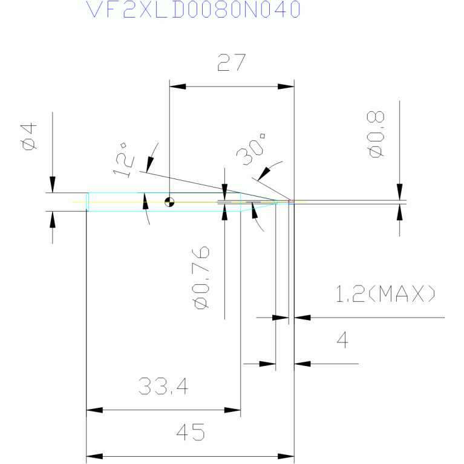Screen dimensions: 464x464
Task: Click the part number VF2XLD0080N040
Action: coord(193,9)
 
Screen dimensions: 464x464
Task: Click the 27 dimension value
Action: coord(232,62)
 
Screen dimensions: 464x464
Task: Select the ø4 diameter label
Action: coord(28,137)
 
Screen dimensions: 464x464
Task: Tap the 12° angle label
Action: coord(123,160)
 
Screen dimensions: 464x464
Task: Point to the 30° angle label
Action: coord(250,149)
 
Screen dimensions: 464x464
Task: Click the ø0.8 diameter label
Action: coord(376,134)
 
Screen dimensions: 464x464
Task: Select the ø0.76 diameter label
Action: coord(201,277)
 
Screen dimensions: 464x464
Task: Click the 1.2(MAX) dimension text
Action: coord(385,293)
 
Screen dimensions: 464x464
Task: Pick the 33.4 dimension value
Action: coord(163,386)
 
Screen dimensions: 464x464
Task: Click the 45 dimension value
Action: coord(191,432)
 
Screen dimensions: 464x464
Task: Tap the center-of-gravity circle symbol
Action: coord(169,202)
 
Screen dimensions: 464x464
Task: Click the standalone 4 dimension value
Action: coord(342,340)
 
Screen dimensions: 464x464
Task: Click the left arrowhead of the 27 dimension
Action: coord(177,87)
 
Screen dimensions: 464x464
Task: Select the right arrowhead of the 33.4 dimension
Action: coord(232,410)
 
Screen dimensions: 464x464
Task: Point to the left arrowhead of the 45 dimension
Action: coord(94,456)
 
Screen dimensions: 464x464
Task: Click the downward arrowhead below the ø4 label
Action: coord(53,185)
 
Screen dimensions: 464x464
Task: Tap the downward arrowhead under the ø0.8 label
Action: coord(399,192)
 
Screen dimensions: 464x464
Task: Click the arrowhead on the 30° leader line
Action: coord(264,174)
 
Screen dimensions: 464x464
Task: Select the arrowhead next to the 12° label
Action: coord(150,165)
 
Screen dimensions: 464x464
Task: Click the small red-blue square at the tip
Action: coord(292,202)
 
